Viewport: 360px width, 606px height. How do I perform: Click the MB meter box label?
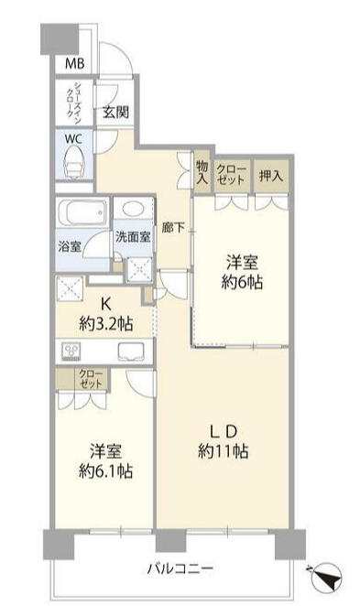[74, 63]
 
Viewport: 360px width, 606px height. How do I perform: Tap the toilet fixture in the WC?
[74, 164]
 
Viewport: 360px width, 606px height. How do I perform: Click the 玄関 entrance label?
[115, 112]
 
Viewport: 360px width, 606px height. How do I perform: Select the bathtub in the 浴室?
[82, 212]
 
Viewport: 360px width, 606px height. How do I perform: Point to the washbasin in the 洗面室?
[134, 209]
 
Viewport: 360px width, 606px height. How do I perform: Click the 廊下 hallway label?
[173, 228]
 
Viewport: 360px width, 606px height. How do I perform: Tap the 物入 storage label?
[202, 172]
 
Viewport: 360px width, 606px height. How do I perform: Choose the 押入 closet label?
[271, 176]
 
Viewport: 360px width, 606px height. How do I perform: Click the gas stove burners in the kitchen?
[71, 352]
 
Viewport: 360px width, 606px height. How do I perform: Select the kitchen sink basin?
[130, 352]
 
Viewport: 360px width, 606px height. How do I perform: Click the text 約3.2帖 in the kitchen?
[106, 323]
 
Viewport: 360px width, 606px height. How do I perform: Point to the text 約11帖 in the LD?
[224, 451]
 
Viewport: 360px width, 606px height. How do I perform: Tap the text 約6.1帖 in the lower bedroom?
[106, 471]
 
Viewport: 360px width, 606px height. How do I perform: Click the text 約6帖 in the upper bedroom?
[242, 283]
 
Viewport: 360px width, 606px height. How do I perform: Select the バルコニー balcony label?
[180, 568]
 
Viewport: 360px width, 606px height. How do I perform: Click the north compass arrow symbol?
[327, 576]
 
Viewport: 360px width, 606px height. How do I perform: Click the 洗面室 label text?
[133, 236]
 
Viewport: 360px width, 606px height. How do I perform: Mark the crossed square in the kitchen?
[70, 287]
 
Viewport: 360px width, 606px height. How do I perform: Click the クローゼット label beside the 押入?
[231, 175]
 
